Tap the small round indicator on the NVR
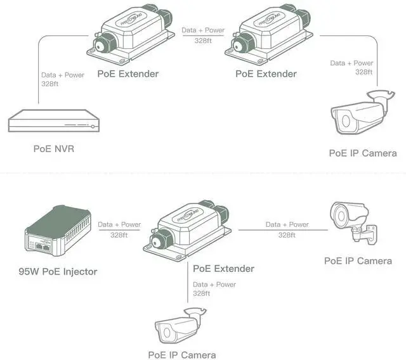[x=93, y=127]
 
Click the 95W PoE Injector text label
[x=58, y=271]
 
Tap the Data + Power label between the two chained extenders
[x=203, y=30]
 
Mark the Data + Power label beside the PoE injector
[x=119, y=224]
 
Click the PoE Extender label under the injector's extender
[x=223, y=269]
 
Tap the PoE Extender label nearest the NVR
[x=128, y=74]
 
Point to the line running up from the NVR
[x=38, y=82]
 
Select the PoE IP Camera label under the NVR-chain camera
[x=363, y=153]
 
